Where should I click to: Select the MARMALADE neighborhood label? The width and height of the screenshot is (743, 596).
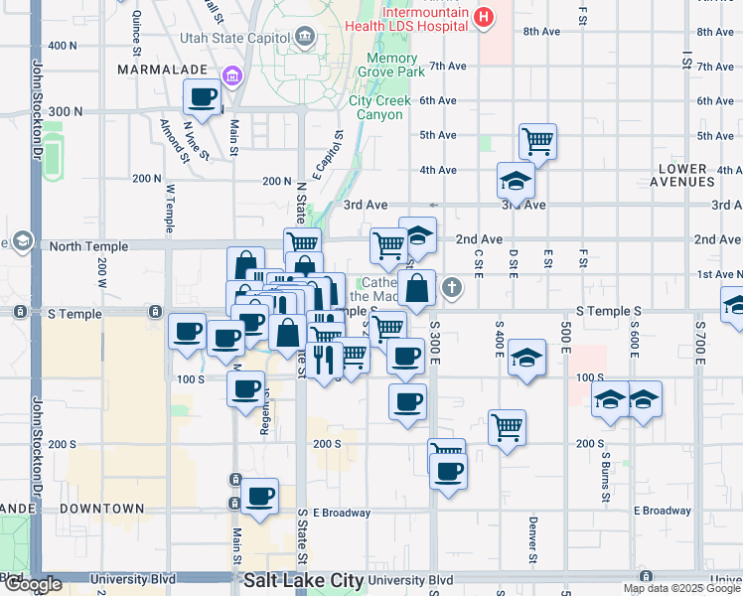tap(162, 70)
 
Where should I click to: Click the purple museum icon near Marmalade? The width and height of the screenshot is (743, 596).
tap(232, 75)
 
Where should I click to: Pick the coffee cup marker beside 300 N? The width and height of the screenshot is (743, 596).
tap(203, 97)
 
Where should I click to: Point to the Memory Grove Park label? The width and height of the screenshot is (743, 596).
tap(380, 66)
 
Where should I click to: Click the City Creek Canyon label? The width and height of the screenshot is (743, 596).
tap(376, 107)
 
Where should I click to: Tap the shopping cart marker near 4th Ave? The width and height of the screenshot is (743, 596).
tap(537, 141)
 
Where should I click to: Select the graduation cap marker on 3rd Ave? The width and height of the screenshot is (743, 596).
tap(516, 180)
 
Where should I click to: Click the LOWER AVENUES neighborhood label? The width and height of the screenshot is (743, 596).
tap(700, 176)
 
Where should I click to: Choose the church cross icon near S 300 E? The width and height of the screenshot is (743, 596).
tap(452, 289)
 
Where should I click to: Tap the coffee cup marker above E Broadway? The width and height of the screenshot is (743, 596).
tap(259, 495)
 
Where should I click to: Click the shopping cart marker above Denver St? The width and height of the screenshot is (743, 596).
tap(507, 427)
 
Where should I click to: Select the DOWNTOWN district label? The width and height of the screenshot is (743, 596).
tap(102, 509)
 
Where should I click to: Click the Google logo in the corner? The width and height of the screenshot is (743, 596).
tap(32, 585)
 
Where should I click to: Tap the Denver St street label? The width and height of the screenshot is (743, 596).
tap(533, 536)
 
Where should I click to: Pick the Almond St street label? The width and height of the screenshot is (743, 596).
tap(175, 140)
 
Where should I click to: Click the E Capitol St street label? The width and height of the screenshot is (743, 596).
tap(330, 150)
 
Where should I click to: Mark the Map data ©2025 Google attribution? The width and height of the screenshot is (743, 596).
tap(680, 588)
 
